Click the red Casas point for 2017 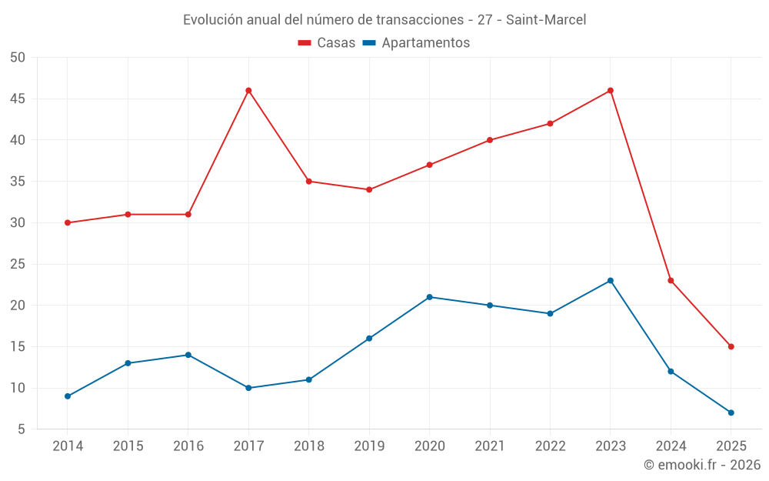248,91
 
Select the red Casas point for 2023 611,91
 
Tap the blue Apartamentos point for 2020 430,297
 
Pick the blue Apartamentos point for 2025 731,413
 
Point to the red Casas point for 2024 671,280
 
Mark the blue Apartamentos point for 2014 68,396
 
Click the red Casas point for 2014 68,223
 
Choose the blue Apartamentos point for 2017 248,388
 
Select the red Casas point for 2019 369,189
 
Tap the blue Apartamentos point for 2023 611,280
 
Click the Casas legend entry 327,43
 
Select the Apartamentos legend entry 416,43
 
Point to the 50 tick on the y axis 18,58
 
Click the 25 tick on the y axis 18,264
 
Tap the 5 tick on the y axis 22,429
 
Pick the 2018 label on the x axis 308,446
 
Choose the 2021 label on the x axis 490,446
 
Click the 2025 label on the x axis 731,446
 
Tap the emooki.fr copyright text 702,465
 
